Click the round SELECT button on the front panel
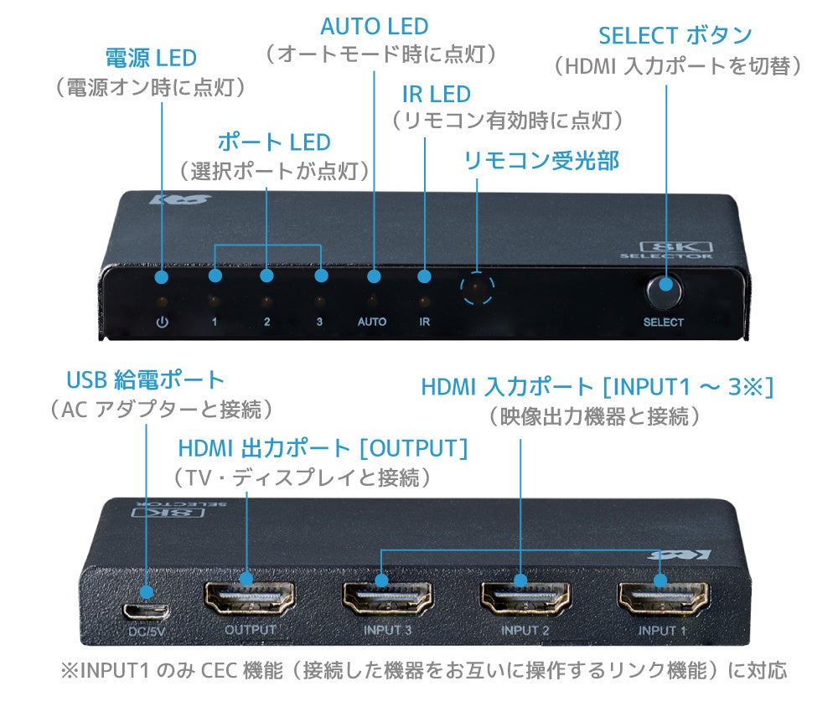[x=664, y=292]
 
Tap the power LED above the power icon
[x=163, y=301]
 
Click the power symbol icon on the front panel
[x=163, y=322]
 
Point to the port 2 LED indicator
[x=266, y=301]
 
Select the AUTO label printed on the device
[x=372, y=322]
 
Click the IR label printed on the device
[x=425, y=322]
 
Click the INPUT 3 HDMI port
[x=386, y=598]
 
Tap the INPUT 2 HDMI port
[x=524, y=598]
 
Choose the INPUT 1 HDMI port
[x=661, y=598]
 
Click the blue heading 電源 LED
[x=150, y=58]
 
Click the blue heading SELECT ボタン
[x=675, y=35]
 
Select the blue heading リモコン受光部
[x=541, y=160]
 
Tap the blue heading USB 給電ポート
[x=146, y=379]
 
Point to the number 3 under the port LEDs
[x=319, y=322]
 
